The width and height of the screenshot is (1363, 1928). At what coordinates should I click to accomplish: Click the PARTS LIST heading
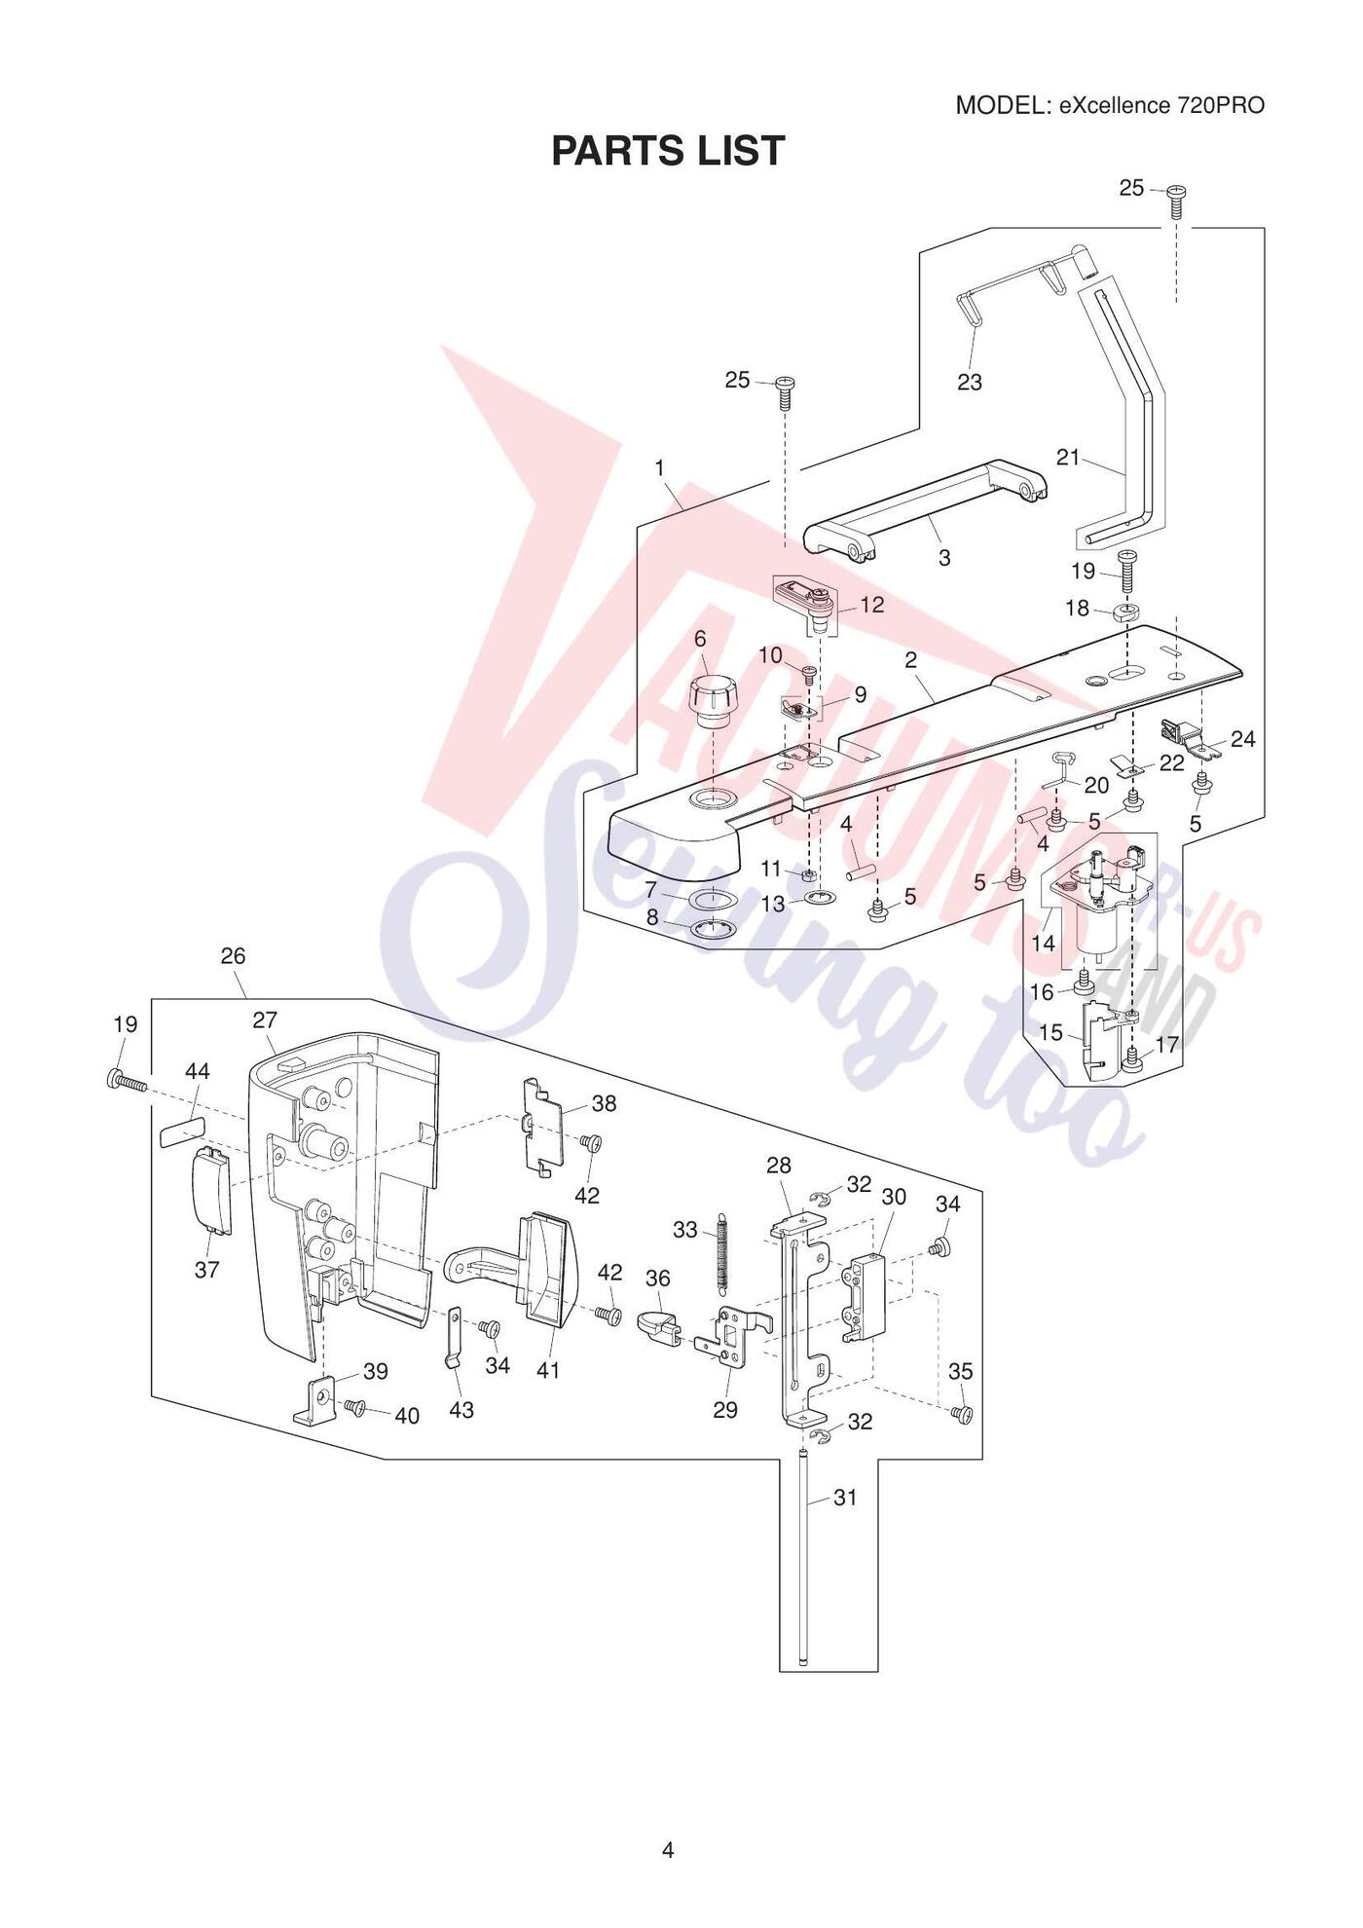point(668,151)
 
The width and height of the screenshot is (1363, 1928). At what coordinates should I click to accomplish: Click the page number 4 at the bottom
point(668,1850)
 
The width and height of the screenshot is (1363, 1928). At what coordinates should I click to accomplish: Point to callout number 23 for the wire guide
point(970,383)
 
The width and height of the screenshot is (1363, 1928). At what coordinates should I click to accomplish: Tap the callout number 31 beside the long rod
point(845,1498)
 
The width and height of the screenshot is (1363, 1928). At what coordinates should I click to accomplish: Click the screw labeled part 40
point(355,1407)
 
